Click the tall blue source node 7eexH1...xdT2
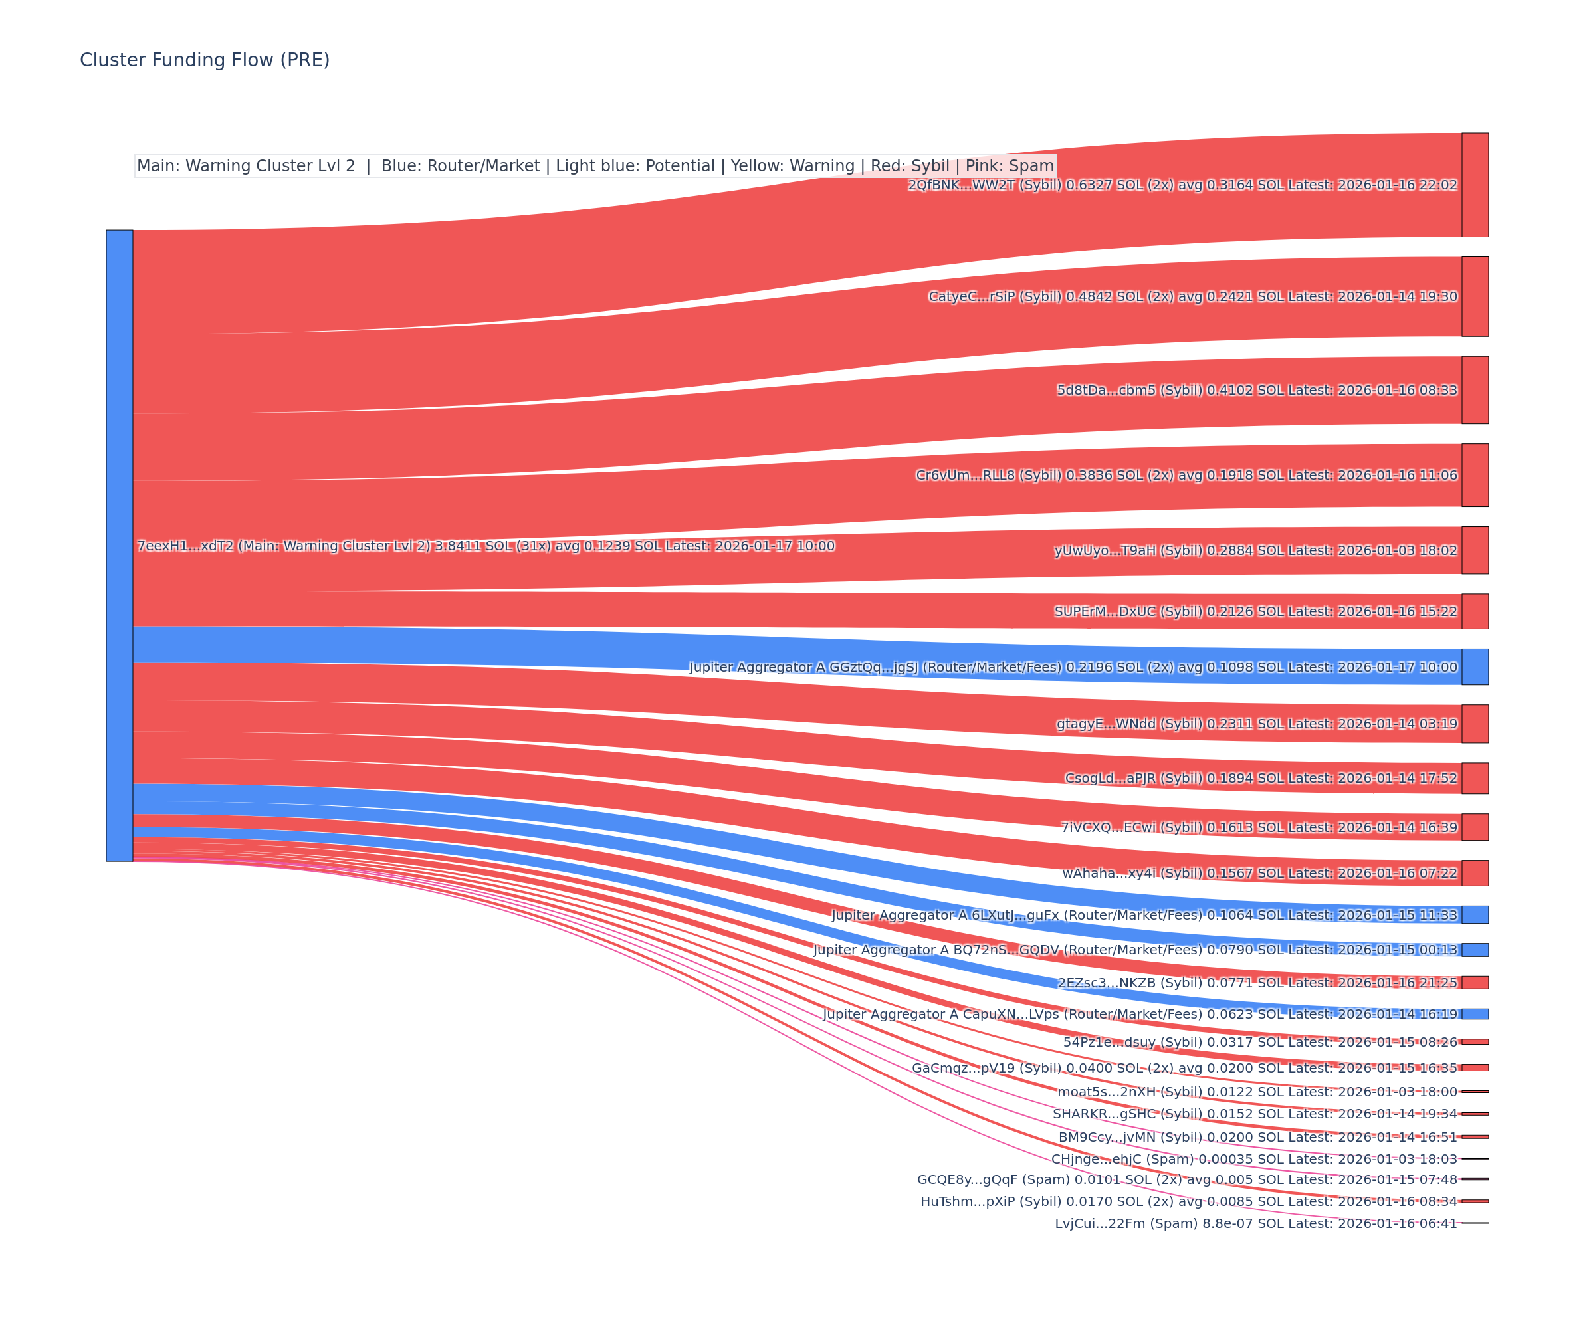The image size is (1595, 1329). point(119,546)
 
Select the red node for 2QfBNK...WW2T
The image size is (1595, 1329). point(1475,185)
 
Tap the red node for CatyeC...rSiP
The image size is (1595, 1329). point(1475,296)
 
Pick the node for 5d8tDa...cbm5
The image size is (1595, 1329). point(1475,389)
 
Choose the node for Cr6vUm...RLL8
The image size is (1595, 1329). point(1475,474)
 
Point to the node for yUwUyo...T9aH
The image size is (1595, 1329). point(1475,550)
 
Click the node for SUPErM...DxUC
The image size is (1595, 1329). point(1475,611)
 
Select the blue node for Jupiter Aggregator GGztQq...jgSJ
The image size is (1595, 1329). point(1475,666)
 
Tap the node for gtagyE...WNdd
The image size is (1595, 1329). point(1475,723)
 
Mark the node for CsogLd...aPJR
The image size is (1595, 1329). point(1475,777)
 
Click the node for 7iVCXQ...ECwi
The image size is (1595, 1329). point(1475,827)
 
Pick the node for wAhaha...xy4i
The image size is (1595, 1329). point(1475,872)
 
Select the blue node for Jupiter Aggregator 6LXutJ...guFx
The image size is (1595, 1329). point(1475,914)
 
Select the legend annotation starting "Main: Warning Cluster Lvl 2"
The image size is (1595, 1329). point(595,165)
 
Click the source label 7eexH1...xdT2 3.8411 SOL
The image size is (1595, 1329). point(485,546)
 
